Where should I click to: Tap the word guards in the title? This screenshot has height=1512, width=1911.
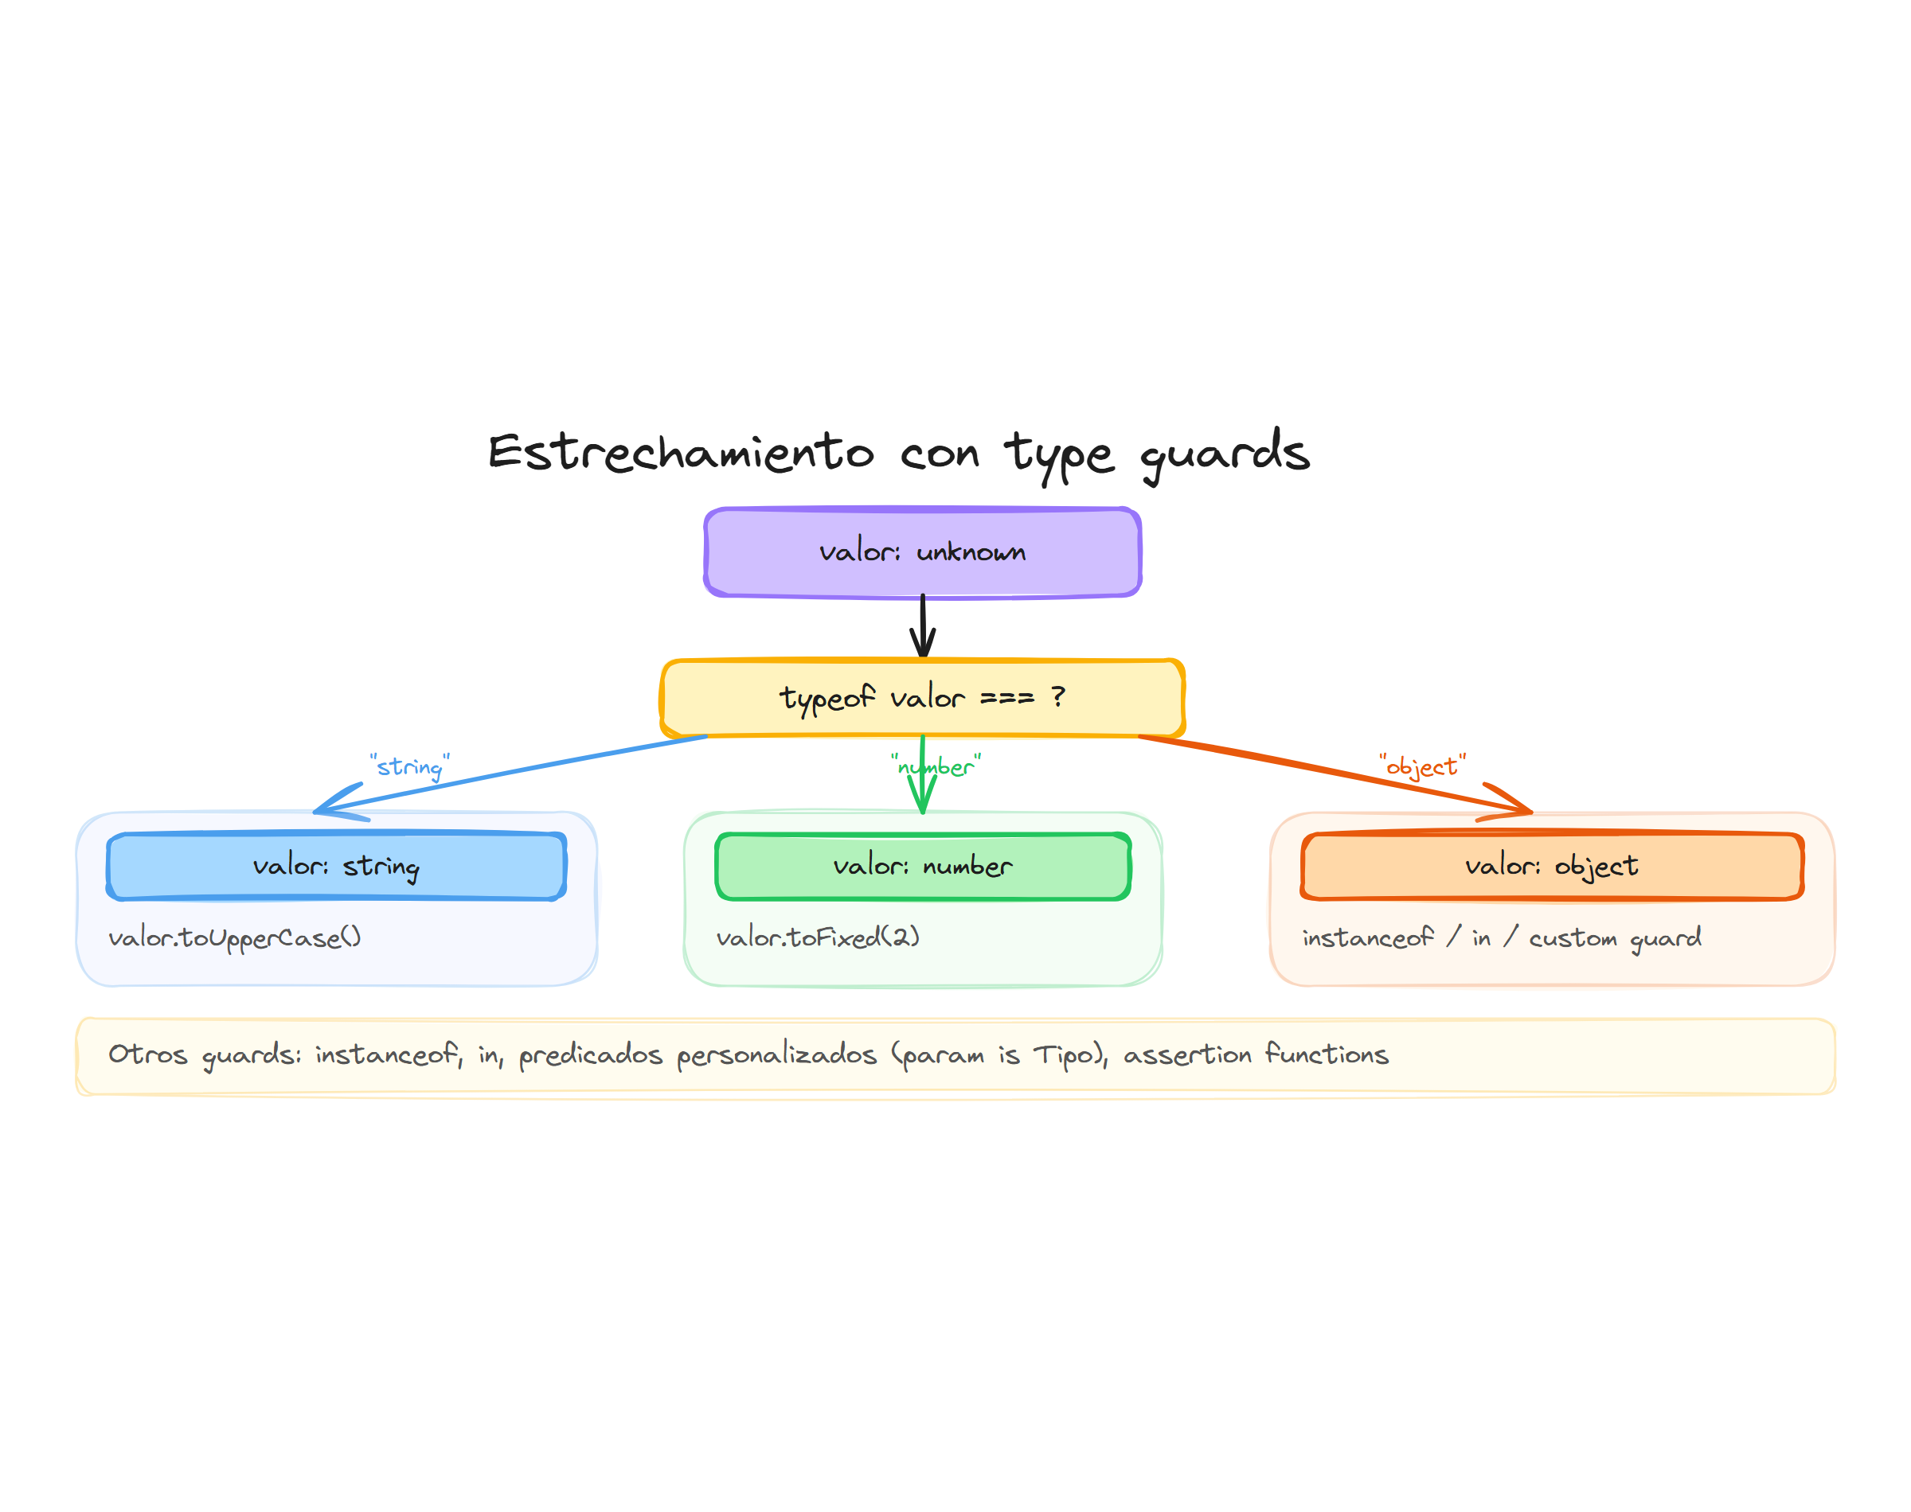pyautogui.click(x=1224, y=454)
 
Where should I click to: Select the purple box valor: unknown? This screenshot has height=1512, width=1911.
pyautogui.click(x=922, y=552)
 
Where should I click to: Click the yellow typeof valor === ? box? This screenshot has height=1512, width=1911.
pyautogui.click(x=922, y=698)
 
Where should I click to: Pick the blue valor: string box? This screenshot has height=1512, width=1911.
pyautogui.click(x=336, y=866)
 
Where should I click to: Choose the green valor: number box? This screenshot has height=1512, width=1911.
pyautogui.click(x=922, y=866)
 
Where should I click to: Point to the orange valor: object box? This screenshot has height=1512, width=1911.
pyautogui.click(x=1551, y=866)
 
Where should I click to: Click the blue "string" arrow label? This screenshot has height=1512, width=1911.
pyautogui.click(x=409, y=766)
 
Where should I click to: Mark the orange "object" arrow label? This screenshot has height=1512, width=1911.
pyautogui.click(x=1421, y=766)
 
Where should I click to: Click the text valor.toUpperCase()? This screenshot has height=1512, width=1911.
pyautogui.click(x=235, y=937)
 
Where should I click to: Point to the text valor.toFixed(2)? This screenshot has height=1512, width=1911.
pyautogui.click(x=818, y=937)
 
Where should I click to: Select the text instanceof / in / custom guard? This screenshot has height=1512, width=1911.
pyautogui.click(x=1501, y=937)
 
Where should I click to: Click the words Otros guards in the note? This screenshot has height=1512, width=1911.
pyautogui.click(x=204, y=1054)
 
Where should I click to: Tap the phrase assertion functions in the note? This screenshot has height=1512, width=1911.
pyautogui.click(x=1256, y=1054)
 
